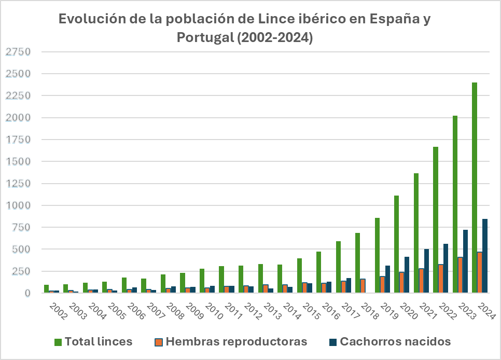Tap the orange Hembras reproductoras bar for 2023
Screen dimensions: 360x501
coord(460,275)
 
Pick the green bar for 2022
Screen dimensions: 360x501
coord(436,220)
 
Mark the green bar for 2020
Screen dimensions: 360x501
coord(397,244)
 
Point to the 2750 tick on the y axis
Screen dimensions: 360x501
coord(19,52)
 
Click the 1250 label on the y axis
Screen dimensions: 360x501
coord(19,184)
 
